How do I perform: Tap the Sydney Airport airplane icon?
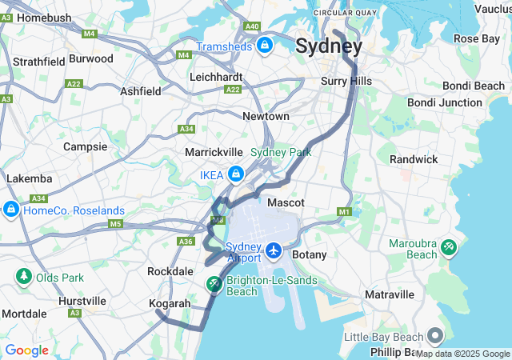pos(274,251)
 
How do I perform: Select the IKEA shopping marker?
pos(236,174)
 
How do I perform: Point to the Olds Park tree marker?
pos(23,277)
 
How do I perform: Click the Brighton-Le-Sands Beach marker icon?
pos(214,284)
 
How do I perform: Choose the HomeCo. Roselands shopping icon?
pos(10,210)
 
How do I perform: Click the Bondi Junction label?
pos(444,102)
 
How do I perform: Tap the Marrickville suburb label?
pos(213,152)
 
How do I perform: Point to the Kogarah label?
pos(170,304)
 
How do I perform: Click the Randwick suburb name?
pos(414,159)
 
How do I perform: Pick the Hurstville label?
pos(82,302)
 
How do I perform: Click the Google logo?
pos(26,350)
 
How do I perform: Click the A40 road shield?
pos(252,26)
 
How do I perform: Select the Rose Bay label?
pos(477,38)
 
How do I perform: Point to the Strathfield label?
pos(38,62)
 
